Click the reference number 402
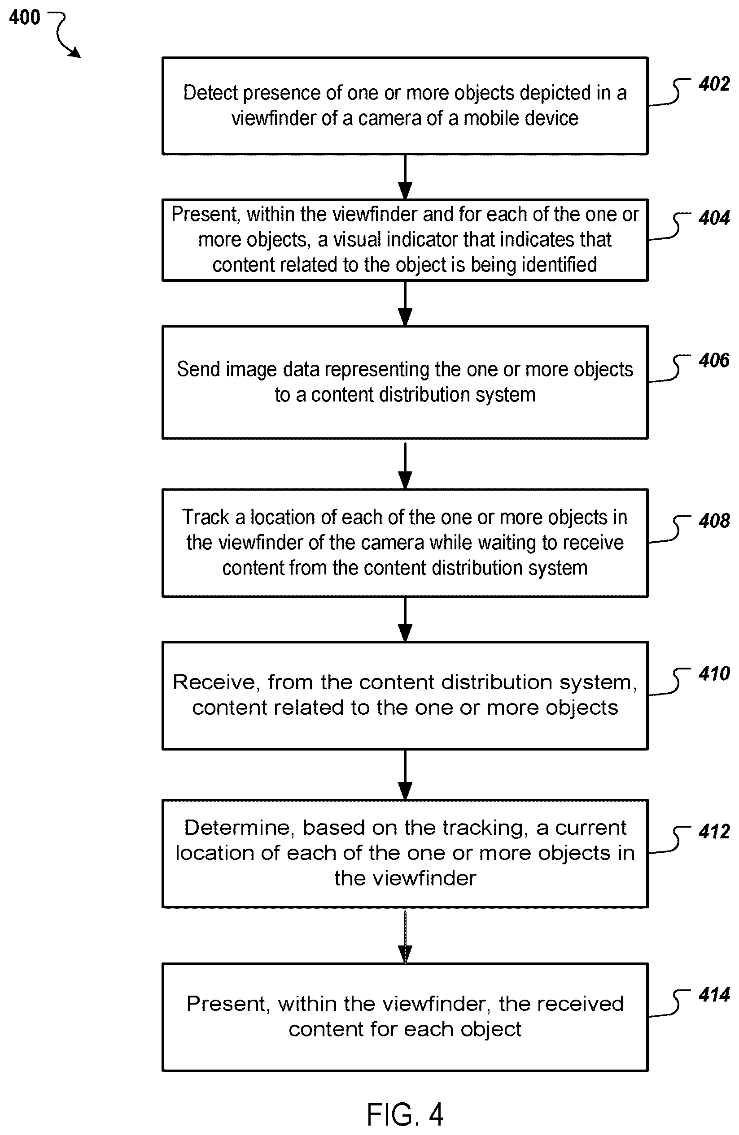tap(714, 84)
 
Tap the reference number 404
tap(714, 218)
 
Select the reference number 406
tap(714, 360)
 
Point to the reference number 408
tap(714, 521)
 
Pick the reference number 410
tap(714, 673)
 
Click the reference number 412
tap(714, 831)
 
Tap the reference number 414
tap(714, 994)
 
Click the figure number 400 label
tap(25, 17)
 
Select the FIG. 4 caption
tap(405, 1114)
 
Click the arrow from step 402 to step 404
tap(405, 177)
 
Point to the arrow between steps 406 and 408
tap(405, 466)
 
